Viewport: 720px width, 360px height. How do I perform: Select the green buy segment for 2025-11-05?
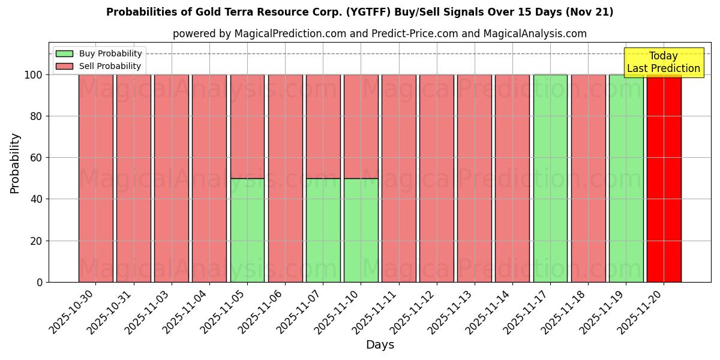247,230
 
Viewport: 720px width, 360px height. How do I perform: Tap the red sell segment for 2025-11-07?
323,126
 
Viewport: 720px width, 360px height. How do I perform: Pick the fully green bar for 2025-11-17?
550,178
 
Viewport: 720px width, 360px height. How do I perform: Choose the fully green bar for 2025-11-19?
626,178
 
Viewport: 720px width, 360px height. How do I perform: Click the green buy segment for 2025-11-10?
361,230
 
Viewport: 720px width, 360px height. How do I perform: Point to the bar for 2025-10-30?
96,178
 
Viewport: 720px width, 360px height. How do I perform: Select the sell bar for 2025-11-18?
588,178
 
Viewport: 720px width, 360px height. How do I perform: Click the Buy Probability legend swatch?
64,53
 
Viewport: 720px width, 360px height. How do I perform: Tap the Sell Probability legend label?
110,66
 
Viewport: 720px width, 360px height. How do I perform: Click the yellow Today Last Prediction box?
663,62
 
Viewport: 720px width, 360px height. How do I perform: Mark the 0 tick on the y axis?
40,282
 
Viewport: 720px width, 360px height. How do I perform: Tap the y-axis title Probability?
15,163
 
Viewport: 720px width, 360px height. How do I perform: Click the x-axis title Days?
380,345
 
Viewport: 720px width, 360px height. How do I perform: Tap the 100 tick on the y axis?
34,75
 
